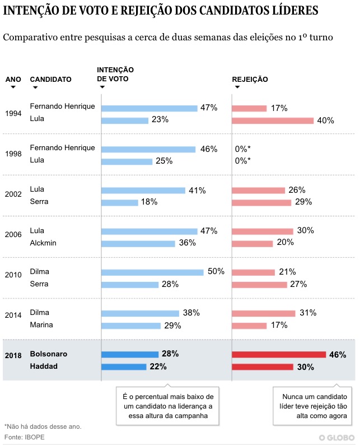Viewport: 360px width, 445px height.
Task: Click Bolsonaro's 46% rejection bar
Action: pyautogui.click(x=279, y=354)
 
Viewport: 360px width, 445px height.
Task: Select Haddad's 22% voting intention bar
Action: pyautogui.click(x=124, y=367)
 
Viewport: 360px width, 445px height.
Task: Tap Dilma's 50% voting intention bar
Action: pyautogui.click(x=152, y=272)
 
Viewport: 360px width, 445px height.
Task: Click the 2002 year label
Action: pyautogui.click(x=13, y=194)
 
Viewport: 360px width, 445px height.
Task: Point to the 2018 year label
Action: pyautogui.click(x=13, y=355)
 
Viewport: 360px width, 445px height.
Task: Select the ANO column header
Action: pyautogui.click(x=13, y=80)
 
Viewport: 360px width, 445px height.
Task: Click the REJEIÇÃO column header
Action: pyautogui.click(x=250, y=80)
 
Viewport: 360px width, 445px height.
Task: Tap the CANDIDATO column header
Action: pyautogui.click(x=50, y=80)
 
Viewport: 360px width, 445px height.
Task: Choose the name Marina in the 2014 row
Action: pyautogui.click(x=41, y=325)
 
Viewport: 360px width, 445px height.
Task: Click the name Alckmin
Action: pyautogui.click(x=43, y=243)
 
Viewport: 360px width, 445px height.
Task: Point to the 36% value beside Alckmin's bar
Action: pyautogui.click(x=187, y=243)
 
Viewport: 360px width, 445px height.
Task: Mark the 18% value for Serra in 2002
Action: pyautogui.click(x=149, y=202)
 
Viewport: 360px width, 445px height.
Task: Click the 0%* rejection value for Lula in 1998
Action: pyautogui.click(x=243, y=161)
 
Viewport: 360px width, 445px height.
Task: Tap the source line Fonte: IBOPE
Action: pyautogui.click(x=25, y=437)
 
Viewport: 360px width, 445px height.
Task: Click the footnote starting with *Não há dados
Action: pyautogui.click(x=43, y=427)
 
